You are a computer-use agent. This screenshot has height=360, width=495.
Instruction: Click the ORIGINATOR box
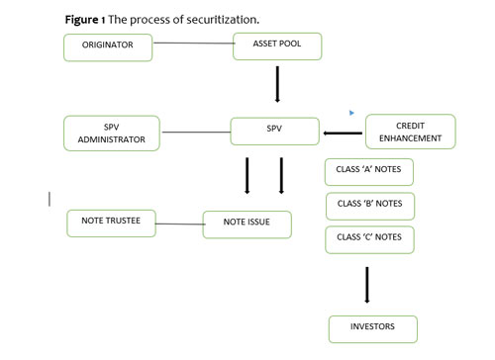click(x=108, y=46)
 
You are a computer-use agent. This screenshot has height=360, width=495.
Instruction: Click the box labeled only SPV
click(x=272, y=131)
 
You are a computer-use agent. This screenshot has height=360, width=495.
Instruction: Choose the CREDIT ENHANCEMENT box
click(x=410, y=132)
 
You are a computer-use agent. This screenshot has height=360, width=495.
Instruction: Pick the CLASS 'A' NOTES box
click(x=369, y=171)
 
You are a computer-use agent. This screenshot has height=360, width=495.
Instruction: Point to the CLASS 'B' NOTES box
click(x=369, y=205)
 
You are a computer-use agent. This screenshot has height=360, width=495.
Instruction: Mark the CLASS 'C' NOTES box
click(x=369, y=239)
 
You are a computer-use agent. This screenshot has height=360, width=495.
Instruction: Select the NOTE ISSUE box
click(x=248, y=225)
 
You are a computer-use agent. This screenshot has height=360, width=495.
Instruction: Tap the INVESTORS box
click(x=373, y=328)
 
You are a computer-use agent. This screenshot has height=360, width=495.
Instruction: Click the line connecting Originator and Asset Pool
click(x=192, y=43)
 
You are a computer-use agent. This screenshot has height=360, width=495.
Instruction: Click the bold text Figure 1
click(x=88, y=19)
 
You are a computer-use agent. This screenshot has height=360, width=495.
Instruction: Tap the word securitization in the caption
click(x=228, y=19)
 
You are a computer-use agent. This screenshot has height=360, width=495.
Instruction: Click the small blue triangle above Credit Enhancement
click(x=351, y=113)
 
